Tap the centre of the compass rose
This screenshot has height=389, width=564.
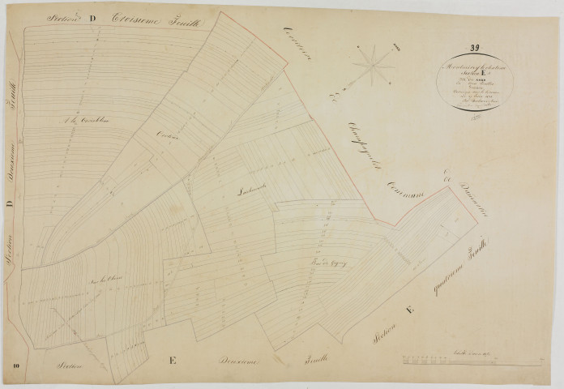point(372,64)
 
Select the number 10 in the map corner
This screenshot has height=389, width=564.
point(15,369)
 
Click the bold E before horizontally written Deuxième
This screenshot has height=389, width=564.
point(173,361)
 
